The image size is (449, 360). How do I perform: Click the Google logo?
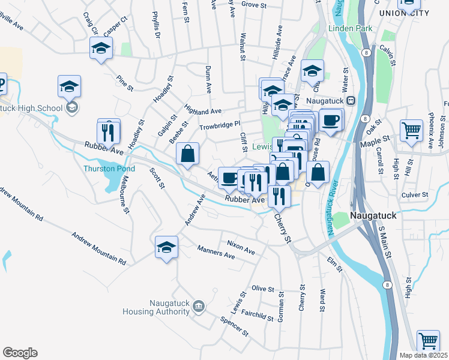coord(20,353)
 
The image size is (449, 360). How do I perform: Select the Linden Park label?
coord(350,28)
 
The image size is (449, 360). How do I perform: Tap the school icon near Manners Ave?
coord(167,247)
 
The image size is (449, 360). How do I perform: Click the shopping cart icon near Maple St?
coord(411,130)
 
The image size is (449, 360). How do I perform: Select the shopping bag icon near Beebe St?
coord(188,153)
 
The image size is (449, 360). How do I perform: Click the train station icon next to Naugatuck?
coord(352,100)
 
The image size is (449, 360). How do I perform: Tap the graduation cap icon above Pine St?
coord(101,48)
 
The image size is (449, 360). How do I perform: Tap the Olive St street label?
coord(262,289)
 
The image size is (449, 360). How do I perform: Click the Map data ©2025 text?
coord(424,355)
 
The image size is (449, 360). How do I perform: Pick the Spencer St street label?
coord(234,325)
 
